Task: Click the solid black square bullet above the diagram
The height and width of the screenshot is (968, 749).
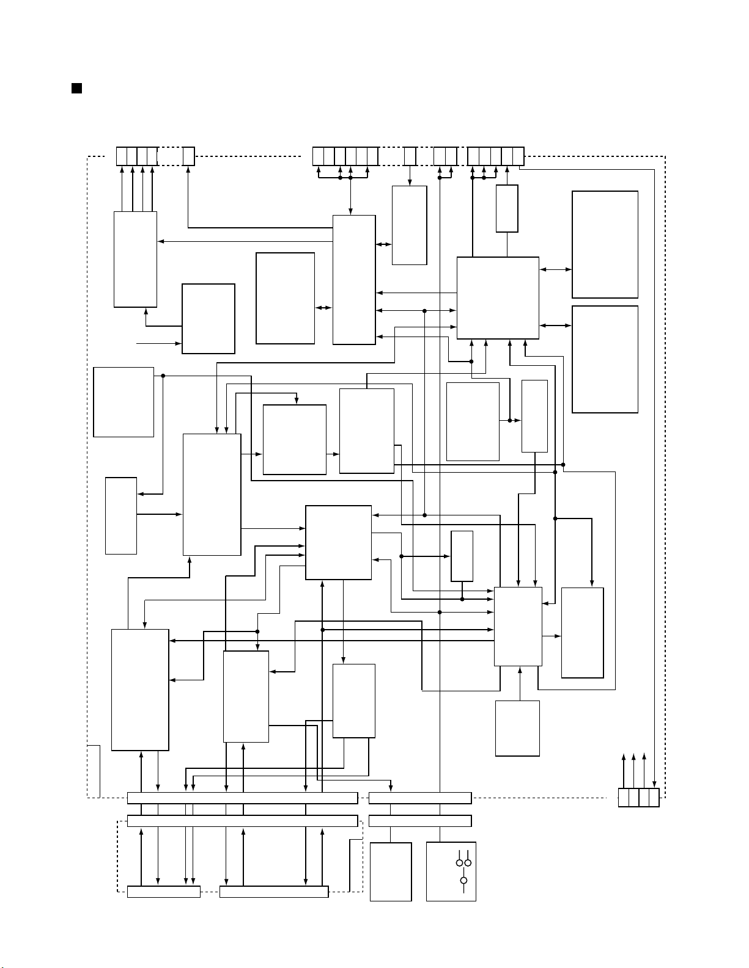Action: [77, 89]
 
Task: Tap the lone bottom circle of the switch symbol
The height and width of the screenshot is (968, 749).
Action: [463, 881]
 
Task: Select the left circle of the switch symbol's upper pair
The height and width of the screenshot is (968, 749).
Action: [459, 862]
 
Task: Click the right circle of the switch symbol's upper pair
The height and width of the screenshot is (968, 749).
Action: [468, 862]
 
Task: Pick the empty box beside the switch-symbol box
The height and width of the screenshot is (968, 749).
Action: [391, 872]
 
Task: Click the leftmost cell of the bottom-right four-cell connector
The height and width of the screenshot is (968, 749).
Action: [623, 798]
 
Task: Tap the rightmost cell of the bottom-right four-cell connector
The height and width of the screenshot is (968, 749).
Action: [654, 798]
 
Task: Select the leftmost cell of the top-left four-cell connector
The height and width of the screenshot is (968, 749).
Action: [122, 156]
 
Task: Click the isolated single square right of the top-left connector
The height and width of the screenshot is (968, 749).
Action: [189, 156]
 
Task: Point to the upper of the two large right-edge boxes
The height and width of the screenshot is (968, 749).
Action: [605, 244]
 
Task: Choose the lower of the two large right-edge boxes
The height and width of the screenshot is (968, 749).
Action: [605, 359]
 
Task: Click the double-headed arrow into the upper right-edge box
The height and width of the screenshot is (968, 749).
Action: [556, 269]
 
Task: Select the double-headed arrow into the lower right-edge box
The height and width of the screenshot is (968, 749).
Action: [556, 326]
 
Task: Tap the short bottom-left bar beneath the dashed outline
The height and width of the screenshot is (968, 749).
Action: [163, 892]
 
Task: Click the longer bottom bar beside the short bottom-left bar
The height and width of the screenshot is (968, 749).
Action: [273, 892]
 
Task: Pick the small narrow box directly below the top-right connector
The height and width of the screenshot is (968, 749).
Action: [507, 208]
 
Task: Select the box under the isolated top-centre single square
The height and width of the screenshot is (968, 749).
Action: [409, 225]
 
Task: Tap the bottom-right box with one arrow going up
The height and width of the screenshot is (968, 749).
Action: [517, 728]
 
